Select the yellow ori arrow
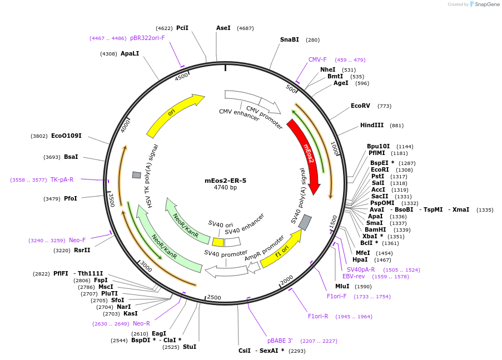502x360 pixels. click(x=173, y=114)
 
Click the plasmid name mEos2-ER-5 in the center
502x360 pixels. click(x=225, y=181)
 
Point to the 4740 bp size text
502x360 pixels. click(x=225, y=188)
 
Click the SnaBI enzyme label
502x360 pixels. click(x=290, y=39)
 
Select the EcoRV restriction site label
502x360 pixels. click(x=360, y=106)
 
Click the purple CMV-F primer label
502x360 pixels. click(x=317, y=59)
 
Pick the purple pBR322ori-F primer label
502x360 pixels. click(x=147, y=38)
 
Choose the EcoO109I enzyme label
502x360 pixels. click(x=66, y=136)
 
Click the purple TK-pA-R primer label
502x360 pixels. click(x=62, y=179)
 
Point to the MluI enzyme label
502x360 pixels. click(x=342, y=286)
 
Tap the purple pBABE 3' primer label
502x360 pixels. click(x=280, y=341)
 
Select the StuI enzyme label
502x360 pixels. click(x=190, y=347)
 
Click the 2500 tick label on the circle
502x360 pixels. click(x=214, y=298)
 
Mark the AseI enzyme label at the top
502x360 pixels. click(x=223, y=28)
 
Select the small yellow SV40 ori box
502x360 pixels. click(x=218, y=242)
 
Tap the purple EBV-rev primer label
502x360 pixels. click(x=354, y=276)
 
